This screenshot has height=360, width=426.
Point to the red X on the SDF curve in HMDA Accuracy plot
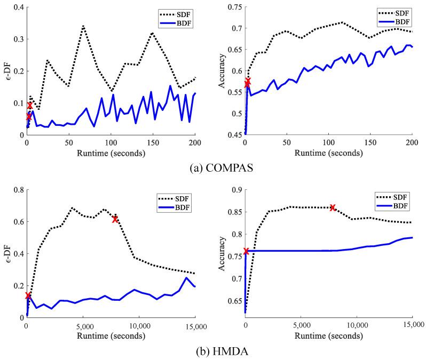point(333,207)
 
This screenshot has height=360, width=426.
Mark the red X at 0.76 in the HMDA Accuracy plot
point(246,251)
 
